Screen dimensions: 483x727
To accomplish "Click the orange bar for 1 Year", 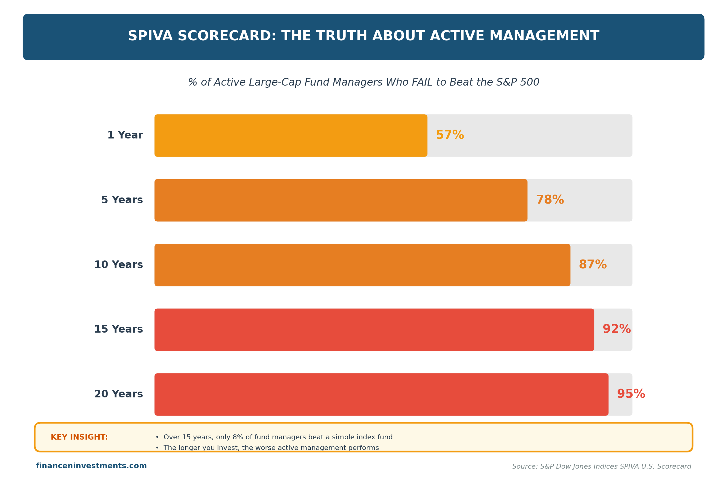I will click(x=290, y=135).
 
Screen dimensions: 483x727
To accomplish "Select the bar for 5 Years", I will click(x=340, y=200).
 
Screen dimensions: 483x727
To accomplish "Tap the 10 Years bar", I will click(x=362, y=265).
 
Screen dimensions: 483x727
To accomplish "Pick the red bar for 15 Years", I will click(x=374, y=330).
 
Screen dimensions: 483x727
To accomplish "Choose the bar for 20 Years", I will click(x=381, y=394).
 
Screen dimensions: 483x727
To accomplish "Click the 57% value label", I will click(x=450, y=135).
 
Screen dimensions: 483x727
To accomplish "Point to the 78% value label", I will click(x=550, y=200).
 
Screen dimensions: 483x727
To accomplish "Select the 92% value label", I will click(x=616, y=329).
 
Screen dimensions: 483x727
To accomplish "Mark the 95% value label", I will click(x=631, y=394).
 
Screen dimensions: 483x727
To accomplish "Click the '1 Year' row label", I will click(x=125, y=135).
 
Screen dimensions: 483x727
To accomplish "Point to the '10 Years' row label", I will click(x=119, y=265).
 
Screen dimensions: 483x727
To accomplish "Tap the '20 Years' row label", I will click(x=119, y=394).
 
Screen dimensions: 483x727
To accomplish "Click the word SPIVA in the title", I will click(x=150, y=36).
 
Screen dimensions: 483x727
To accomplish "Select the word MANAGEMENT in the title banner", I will click(x=544, y=36).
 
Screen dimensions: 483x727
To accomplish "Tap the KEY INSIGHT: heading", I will click(x=79, y=437).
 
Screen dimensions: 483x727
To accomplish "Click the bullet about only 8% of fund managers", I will click(x=274, y=437).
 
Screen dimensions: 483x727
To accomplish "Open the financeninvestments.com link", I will click(x=91, y=466).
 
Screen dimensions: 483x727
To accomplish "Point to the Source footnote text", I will click(x=601, y=466).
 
